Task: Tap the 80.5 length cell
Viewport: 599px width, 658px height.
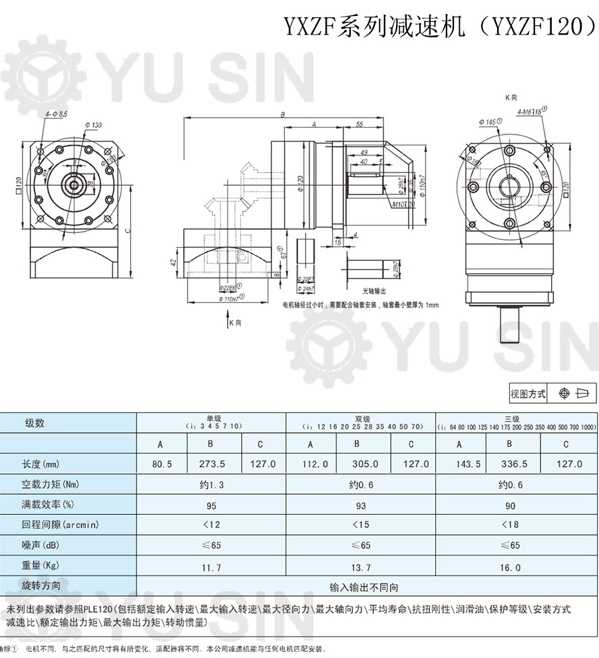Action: [x=162, y=464]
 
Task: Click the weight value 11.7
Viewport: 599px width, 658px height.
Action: [x=211, y=567]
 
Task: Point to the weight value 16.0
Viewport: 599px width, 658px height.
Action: [x=510, y=567]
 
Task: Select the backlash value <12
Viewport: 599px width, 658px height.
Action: [x=211, y=525]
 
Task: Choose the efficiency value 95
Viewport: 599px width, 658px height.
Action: [x=211, y=505]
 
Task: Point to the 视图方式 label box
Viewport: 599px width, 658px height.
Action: [x=528, y=394]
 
